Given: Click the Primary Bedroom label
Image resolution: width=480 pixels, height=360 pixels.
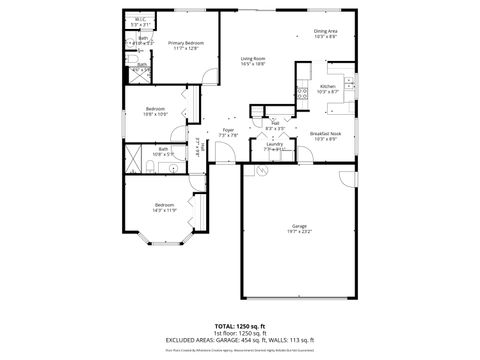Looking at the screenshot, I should (x=186, y=43).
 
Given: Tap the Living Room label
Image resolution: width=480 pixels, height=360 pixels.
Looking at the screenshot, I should (x=253, y=59).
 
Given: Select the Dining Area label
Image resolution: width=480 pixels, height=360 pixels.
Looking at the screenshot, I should (x=326, y=32).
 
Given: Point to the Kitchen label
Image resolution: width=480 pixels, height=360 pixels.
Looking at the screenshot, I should (x=327, y=86).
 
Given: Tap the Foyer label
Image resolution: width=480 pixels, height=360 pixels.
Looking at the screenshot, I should (x=228, y=131).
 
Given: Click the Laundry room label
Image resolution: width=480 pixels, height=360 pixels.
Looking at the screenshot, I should (x=274, y=145).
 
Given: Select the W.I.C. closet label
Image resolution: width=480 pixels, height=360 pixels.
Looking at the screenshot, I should (x=141, y=19).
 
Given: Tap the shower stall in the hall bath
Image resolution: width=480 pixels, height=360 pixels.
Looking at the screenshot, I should (x=134, y=156).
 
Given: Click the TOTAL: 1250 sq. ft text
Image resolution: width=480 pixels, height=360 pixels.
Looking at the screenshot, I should (x=239, y=326).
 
